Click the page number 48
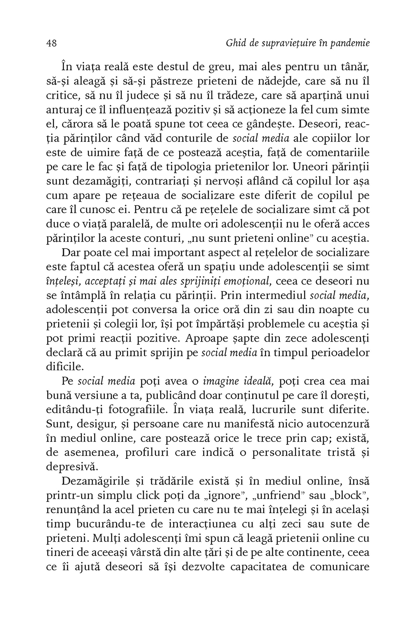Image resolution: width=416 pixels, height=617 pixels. (x=51, y=44)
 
